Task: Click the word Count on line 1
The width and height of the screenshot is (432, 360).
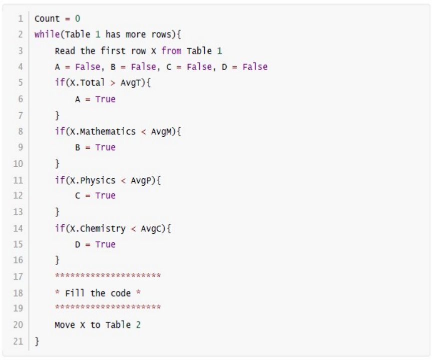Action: pyautogui.click(x=47, y=19)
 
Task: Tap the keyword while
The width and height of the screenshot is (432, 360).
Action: pyautogui.click(x=47, y=35)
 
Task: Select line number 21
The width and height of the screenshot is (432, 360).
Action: pyautogui.click(x=18, y=341)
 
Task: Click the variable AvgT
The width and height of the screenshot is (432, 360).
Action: pyautogui.click(x=131, y=83)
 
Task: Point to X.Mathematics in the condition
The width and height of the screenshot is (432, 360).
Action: pyautogui.click(x=103, y=132)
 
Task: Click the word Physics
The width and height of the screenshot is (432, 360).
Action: pyautogui.click(x=98, y=180)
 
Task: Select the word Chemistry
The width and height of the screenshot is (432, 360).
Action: pyautogui.click(x=103, y=228)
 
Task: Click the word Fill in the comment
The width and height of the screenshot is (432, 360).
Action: pyautogui.click(x=75, y=293)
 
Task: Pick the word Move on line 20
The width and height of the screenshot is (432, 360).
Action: pyautogui.click(x=65, y=325)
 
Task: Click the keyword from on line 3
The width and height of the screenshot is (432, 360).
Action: pyautogui.click(x=171, y=51)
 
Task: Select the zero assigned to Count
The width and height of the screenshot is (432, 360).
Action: pyautogui.click(x=78, y=19)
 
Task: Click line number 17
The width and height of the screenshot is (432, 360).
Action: pyautogui.click(x=18, y=276)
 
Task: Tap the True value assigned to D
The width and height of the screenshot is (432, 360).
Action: pyautogui.click(x=105, y=244)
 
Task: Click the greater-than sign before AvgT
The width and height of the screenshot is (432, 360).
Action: pyautogui.click(x=113, y=83)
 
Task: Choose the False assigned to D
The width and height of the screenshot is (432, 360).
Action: pyautogui.click(x=255, y=67)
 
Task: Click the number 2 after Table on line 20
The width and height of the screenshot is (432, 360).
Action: pyautogui.click(x=138, y=325)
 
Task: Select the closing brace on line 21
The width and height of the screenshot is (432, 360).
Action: pyautogui.click(x=37, y=341)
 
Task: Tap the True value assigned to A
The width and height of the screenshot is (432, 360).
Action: pyautogui.click(x=105, y=99)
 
